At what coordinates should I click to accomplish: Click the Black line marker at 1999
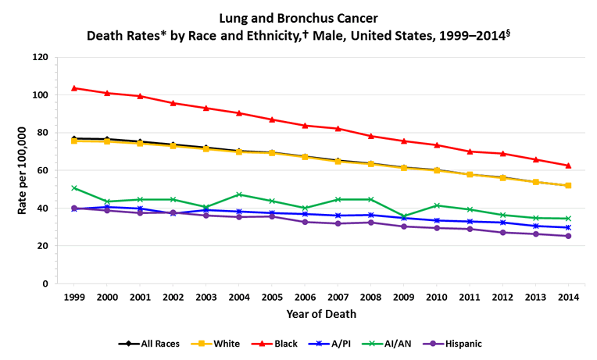point(74,88)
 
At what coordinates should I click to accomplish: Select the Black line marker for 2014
point(568,166)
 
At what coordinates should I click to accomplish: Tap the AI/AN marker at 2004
point(239,194)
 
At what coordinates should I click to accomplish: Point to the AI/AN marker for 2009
point(404,216)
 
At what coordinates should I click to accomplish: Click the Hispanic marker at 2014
point(568,236)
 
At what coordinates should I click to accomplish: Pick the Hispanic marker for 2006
point(305,222)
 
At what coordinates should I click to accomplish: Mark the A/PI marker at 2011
point(470,222)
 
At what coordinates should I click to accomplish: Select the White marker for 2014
point(568,186)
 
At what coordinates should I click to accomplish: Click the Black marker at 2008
point(370,136)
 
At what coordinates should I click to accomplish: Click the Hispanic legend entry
point(454,343)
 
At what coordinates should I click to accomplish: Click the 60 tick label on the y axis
point(44,170)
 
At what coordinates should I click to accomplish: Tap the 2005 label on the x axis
point(272,298)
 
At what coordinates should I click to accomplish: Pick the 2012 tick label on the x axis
point(502,298)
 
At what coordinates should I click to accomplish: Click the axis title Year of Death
point(321,315)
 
